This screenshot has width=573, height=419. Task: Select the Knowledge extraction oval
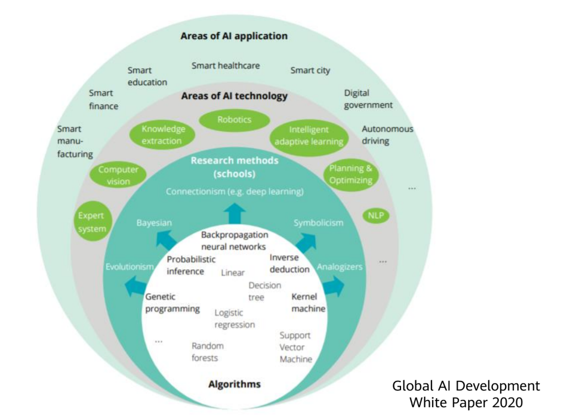162,135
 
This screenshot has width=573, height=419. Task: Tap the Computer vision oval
118,176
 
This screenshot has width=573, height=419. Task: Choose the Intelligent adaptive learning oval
309,136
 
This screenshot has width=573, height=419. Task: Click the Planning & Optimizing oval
350,174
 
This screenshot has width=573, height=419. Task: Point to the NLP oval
376,216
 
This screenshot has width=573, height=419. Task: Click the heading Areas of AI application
234,36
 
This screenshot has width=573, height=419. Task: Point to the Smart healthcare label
226,66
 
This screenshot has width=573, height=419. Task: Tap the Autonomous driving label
387,135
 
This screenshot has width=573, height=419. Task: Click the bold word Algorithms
235,384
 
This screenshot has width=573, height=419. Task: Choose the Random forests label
208,352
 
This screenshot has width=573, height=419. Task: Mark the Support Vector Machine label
295,347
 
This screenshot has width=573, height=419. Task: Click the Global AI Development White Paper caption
466,394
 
